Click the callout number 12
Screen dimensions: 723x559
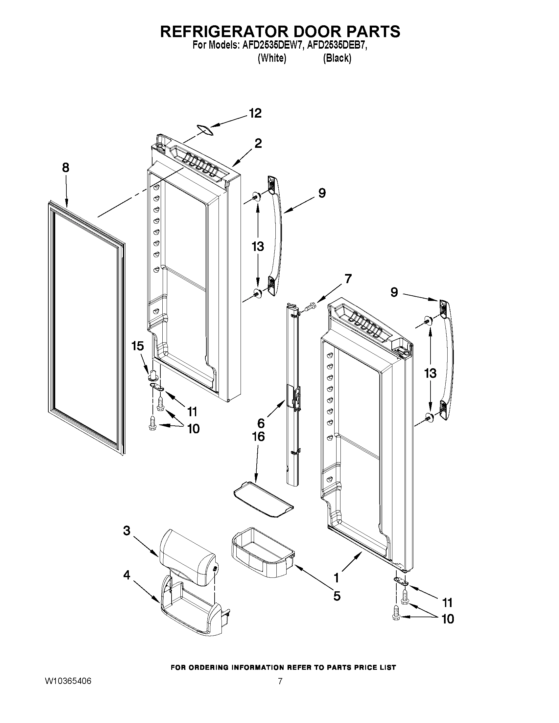[255, 113]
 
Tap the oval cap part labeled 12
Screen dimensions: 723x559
[204, 129]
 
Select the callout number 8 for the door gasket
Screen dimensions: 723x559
[66, 168]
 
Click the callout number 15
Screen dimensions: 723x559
[137, 346]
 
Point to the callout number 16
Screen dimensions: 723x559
[258, 437]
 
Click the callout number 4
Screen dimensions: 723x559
[127, 576]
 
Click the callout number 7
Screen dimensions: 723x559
[348, 279]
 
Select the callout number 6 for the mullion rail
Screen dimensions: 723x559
[261, 423]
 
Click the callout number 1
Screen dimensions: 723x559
[336, 578]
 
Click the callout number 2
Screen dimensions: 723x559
[258, 143]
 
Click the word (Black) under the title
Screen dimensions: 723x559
[337, 58]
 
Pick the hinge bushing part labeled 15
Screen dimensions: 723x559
[152, 375]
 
